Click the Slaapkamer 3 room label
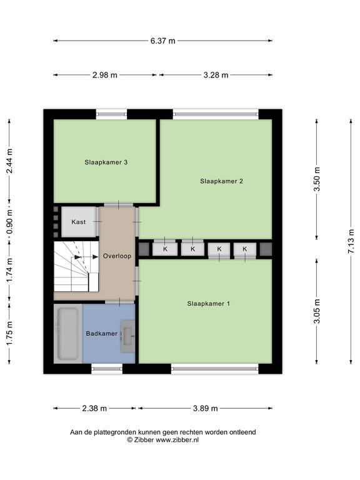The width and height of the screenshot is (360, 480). pos(106,162)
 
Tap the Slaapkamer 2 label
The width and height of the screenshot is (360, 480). pos(221,181)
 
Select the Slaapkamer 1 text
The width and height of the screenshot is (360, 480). pos(209,304)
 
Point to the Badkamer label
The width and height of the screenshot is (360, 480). pos(101,333)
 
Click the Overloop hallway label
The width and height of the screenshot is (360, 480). pos(117,256)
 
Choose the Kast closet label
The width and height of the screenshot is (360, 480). pos(78,222)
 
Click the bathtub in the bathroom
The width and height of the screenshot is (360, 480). pos(67,334)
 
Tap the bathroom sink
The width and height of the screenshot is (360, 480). pos(127,336)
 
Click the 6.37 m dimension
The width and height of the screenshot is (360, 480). pos(163,41)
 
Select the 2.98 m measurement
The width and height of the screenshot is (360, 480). pos(105,75)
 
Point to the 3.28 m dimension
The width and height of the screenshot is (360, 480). pos(216,75)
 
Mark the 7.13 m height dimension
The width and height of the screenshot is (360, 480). pos(351,241)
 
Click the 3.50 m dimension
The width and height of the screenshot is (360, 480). pos(316,179)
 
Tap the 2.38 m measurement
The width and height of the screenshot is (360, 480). pos(94,408)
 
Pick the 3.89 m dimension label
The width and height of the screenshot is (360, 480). pos(206,408)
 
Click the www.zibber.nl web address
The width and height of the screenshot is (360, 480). pos(177,440)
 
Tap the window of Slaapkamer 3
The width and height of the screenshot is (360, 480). pos(111,114)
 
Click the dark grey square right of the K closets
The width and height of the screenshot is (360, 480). pos(266,249)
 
